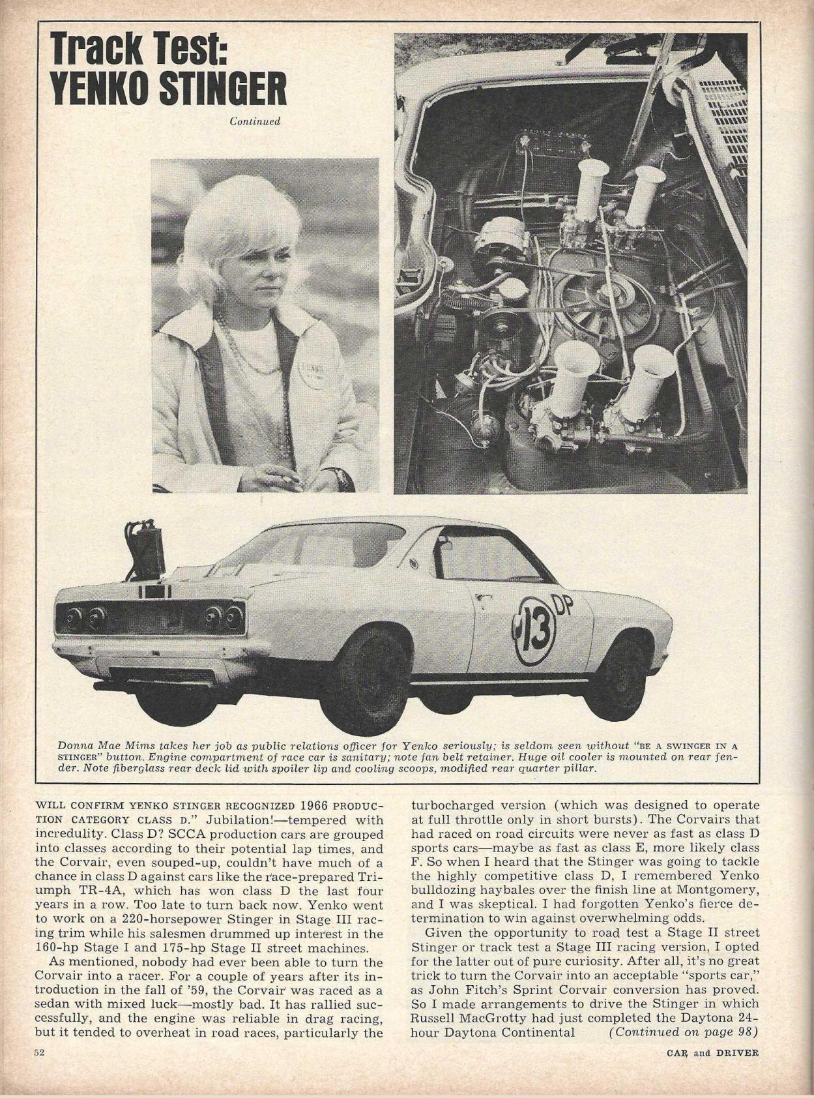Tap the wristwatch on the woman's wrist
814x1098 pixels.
pos(340,479)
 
